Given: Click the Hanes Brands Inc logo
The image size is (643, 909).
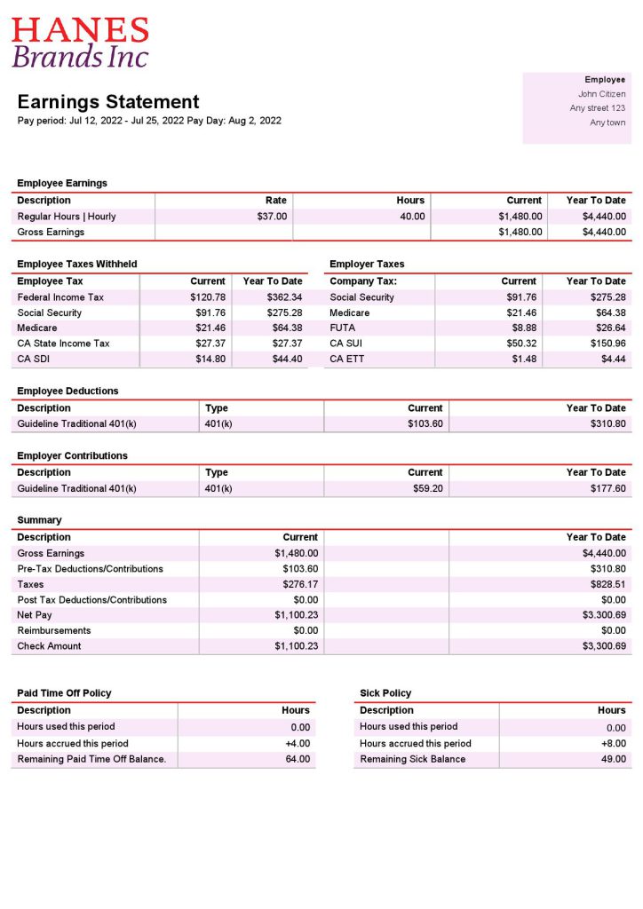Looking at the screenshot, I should pos(80,43).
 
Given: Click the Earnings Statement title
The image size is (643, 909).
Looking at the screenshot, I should pos(108,102).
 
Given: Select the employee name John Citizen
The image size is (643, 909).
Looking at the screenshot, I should pos(601,94).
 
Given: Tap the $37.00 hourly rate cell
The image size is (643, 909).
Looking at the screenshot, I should pos(272,217).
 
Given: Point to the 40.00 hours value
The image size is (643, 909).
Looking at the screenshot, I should pos(412,217).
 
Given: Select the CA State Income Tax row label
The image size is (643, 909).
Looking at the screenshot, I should pos(63,344).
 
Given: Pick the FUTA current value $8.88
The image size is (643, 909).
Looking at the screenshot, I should pos(523,328).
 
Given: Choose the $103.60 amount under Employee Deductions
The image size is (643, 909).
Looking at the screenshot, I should pos(425,424).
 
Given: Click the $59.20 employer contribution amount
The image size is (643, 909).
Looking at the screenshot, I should pos(427,489).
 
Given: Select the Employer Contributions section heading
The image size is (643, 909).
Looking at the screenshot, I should pos(72,455).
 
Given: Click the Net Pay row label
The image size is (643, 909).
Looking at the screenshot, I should pos(35,615).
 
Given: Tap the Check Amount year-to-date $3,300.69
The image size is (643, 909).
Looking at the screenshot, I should pos(601,646).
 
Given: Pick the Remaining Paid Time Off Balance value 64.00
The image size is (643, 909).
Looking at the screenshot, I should pos(298,760).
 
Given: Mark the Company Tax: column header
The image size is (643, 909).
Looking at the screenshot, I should pos(363,281).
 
